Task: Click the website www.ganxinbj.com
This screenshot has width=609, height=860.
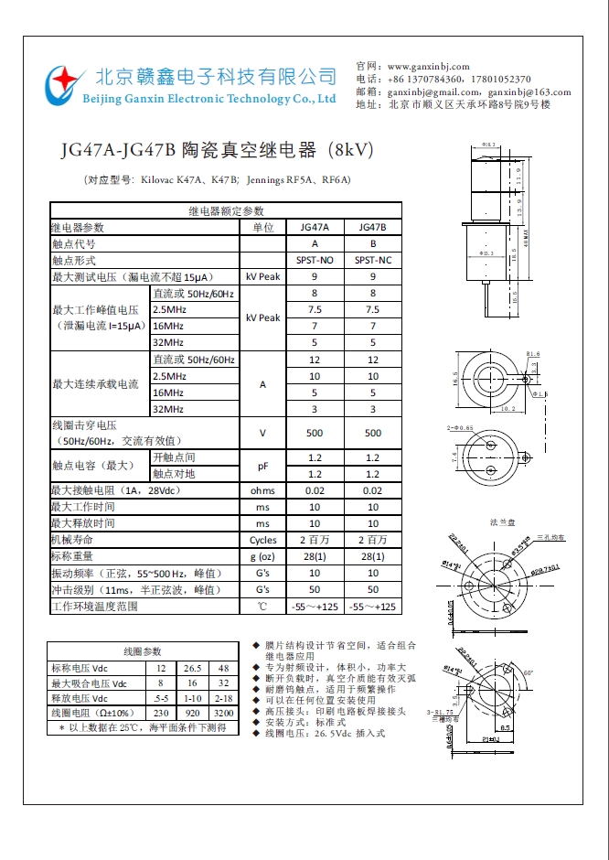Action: pos(428,67)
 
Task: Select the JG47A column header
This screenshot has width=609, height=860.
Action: pos(315,227)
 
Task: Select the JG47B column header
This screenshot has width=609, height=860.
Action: pos(373,227)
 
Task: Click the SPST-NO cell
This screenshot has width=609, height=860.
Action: pos(315,260)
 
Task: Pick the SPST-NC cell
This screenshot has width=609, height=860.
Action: pos(373,260)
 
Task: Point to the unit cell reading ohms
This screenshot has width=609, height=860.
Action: pos(263,490)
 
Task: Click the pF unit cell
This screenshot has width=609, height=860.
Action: pos(263,466)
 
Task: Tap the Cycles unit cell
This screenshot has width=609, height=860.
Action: pos(263,540)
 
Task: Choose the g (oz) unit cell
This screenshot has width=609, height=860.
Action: pos(263,556)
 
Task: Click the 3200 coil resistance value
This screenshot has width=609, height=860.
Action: pos(223,712)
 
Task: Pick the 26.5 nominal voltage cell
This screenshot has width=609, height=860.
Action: pos(192,668)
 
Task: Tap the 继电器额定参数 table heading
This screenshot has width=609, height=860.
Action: pos(226,210)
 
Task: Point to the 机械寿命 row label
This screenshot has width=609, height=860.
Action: pos(72,540)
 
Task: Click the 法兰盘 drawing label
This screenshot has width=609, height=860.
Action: pos(503,521)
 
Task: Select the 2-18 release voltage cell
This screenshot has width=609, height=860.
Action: pos(223,697)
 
